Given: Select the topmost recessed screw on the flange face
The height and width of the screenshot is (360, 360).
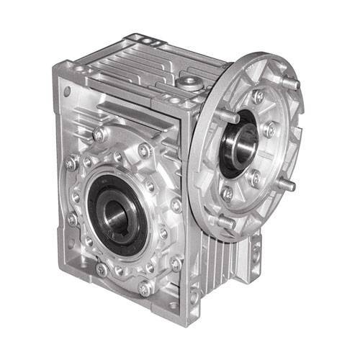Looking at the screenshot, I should click(x=258, y=96).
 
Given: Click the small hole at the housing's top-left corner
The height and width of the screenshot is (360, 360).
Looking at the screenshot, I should click(x=68, y=91).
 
